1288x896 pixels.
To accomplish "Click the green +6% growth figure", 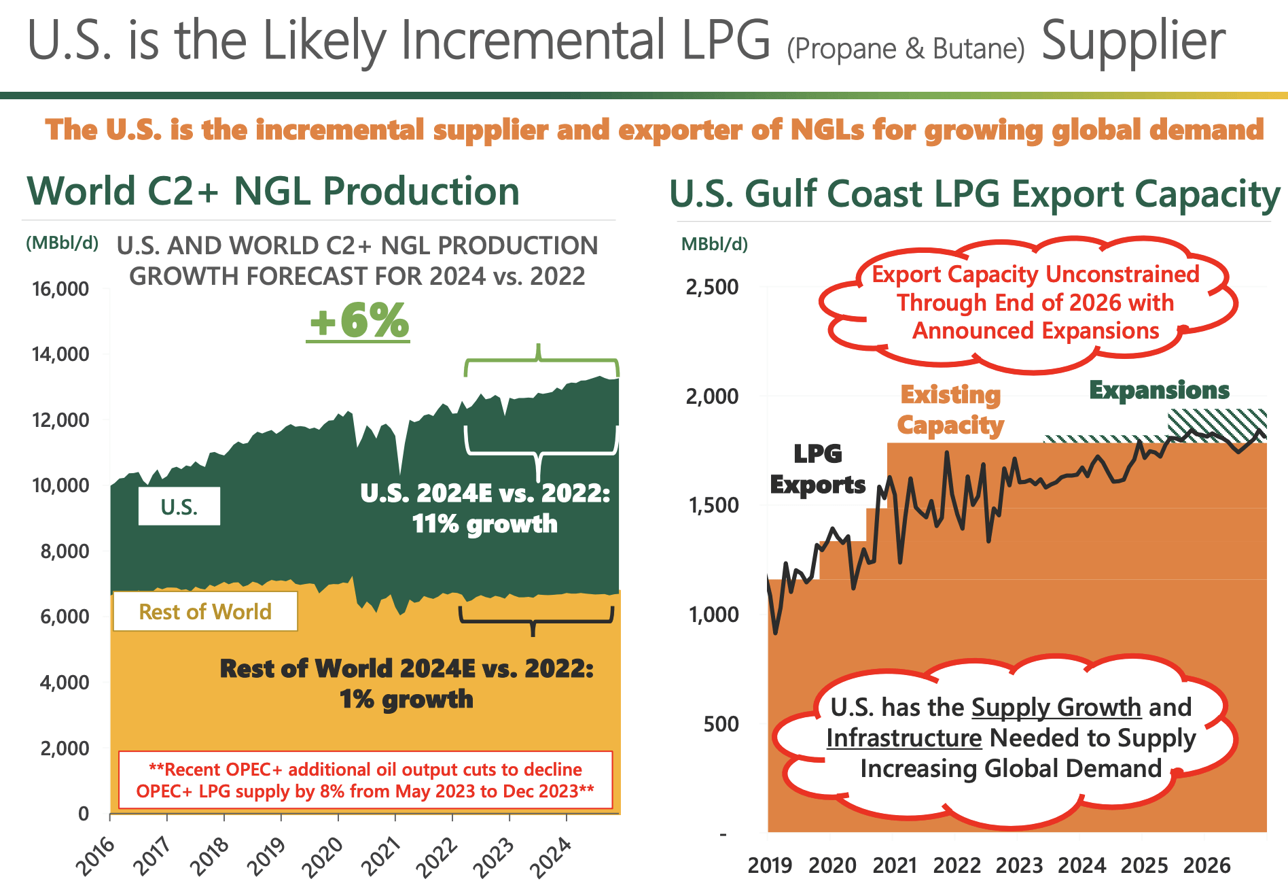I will click(x=359, y=320).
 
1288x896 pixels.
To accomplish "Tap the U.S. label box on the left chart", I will click(x=179, y=506).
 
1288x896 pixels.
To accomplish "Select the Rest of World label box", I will click(x=204, y=611).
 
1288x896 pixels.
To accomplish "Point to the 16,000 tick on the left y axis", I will click(x=60, y=289).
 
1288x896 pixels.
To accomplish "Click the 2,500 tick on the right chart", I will click(x=712, y=287).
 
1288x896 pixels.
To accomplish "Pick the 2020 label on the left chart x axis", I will click(x=322, y=858).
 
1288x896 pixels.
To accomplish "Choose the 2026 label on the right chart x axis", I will click(x=1206, y=865).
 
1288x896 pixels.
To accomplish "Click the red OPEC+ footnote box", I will click(x=365, y=780).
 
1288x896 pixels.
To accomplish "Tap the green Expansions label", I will click(x=1159, y=390).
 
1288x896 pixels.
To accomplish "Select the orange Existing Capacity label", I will click(x=950, y=409).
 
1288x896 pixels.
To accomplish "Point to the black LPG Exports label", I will click(x=818, y=469).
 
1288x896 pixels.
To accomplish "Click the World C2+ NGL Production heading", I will click(x=273, y=191).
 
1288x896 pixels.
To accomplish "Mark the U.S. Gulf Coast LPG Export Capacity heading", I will click(x=974, y=194).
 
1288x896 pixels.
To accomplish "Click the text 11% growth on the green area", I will click(x=485, y=524).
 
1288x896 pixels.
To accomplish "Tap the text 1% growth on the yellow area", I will click(x=406, y=699).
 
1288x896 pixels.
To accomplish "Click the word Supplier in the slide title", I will click(x=1133, y=41).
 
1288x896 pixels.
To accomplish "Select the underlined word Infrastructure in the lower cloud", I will click(x=904, y=738).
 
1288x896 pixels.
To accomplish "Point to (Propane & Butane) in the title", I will click(x=906, y=49).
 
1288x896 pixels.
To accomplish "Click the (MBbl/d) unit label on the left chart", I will click(x=62, y=243).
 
